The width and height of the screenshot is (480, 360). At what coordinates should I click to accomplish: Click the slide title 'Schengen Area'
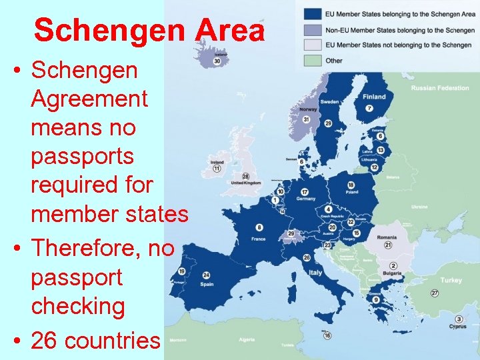149,31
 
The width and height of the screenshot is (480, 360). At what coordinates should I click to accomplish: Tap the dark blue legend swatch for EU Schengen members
311,13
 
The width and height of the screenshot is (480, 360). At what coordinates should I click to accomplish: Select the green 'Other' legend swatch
311,60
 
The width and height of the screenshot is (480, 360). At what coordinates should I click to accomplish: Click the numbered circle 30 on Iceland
217,61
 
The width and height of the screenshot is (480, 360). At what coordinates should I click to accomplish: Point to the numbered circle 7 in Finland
369,109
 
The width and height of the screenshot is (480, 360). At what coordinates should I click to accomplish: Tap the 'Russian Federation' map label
439,88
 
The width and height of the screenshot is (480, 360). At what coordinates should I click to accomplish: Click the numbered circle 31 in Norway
306,119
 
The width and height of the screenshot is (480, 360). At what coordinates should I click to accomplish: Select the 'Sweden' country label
329,102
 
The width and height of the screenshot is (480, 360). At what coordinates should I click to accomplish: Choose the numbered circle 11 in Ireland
217,169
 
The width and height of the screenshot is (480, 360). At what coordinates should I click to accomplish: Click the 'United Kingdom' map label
245,183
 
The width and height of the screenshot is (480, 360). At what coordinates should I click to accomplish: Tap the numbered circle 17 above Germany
305,192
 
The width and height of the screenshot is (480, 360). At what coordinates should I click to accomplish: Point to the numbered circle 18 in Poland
351,185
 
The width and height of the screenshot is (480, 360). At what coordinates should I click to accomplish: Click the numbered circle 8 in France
259,228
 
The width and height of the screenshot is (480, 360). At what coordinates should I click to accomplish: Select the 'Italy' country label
315,273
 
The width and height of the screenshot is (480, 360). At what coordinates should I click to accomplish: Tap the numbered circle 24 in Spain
206,275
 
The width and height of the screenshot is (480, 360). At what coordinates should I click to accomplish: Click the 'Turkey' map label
451,280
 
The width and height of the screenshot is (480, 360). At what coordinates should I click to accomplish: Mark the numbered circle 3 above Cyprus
459,319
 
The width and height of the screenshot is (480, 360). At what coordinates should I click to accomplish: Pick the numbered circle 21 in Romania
387,245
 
